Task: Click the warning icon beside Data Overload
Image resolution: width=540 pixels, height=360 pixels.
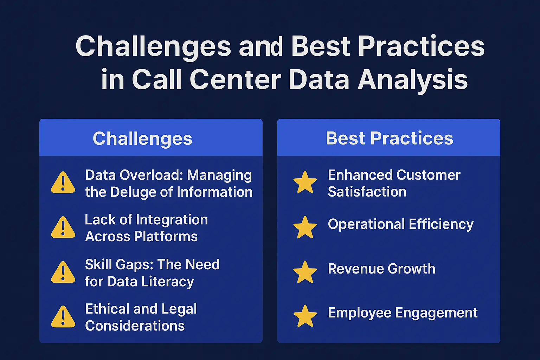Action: (x=63, y=183)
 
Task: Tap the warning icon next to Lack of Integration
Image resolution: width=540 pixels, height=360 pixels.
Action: (x=63, y=228)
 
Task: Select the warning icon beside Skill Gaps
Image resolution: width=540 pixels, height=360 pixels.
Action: (x=63, y=273)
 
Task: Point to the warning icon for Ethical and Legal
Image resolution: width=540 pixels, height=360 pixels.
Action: (x=63, y=317)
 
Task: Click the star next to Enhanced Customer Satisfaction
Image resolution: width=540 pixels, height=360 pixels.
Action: (x=305, y=182)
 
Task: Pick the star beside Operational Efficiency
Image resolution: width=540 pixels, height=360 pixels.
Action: (x=305, y=227)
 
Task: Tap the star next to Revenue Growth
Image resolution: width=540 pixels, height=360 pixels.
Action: (x=305, y=272)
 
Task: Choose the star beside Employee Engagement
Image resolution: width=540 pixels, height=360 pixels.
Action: (x=305, y=316)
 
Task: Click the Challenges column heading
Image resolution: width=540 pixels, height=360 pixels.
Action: (x=142, y=139)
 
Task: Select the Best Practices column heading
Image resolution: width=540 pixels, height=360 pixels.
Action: (x=390, y=138)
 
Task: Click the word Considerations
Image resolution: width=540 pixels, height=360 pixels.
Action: (x=135, y=326)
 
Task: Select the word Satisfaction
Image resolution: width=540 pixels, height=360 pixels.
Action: (x=367, y=192)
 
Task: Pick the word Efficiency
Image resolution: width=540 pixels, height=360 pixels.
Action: (x=441, y=224)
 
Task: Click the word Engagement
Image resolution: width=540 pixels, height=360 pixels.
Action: (x=436, y=313)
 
